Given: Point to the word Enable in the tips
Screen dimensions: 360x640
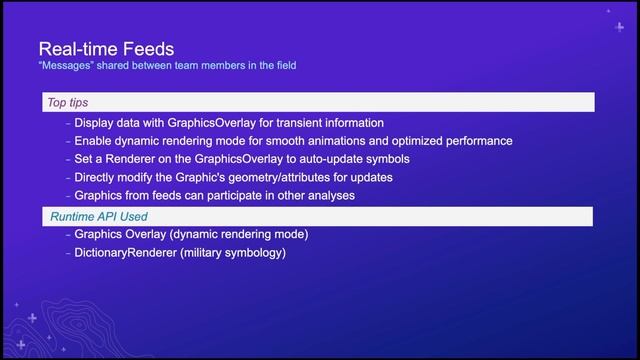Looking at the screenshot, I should point(95,141).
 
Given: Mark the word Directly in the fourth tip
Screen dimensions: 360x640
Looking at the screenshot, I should point(98,177).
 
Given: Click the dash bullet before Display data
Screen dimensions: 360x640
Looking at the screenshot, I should point(67,123).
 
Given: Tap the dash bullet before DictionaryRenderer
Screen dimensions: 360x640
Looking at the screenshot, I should point(67,253).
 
